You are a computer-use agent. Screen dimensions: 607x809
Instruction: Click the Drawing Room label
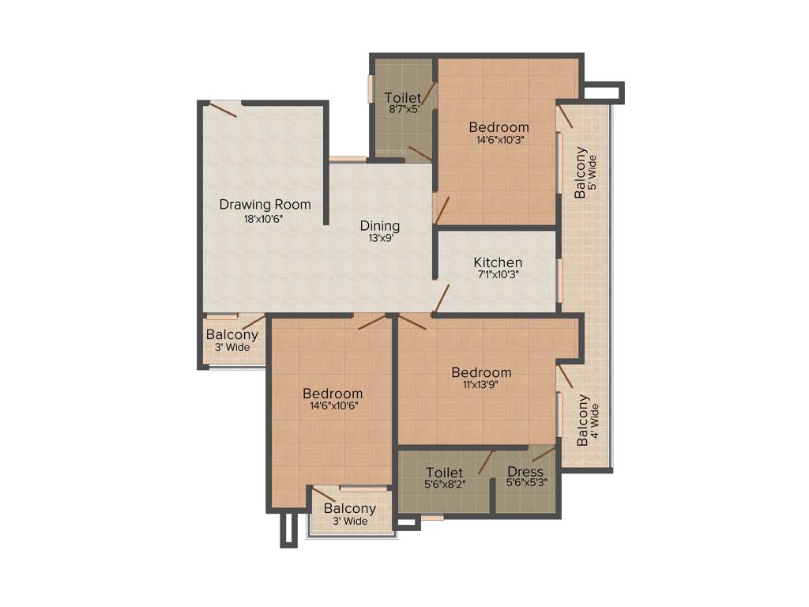click(265, 205)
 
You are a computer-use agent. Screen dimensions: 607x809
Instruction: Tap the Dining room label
click(380, 225)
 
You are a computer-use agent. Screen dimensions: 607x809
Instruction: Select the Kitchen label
click(498, 262)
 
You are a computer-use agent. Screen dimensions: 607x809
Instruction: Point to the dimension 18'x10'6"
click(264, 219)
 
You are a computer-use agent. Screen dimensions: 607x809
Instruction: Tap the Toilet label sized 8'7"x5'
click(402, 98)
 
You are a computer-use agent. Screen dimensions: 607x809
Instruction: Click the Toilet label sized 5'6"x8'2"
click(444, 473)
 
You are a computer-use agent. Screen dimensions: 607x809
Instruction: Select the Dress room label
click(525, 473)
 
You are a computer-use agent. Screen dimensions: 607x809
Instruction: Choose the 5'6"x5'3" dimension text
click(525, 483)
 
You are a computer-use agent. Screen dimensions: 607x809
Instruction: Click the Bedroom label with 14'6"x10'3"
click(499, 127)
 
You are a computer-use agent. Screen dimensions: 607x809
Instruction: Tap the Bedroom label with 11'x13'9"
click(481, 372)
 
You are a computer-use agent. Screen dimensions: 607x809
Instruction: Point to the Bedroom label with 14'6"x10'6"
click(333, 394)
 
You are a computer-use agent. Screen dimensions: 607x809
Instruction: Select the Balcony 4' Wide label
click(583, 420)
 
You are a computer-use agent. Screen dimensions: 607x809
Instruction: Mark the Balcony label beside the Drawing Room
click(231, 335)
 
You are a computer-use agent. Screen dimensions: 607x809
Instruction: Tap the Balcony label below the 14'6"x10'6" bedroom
click(349, 509)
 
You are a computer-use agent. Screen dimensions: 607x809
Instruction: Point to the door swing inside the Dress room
click(543, 454)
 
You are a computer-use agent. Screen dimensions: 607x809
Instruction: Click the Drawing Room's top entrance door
click(223, 110)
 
